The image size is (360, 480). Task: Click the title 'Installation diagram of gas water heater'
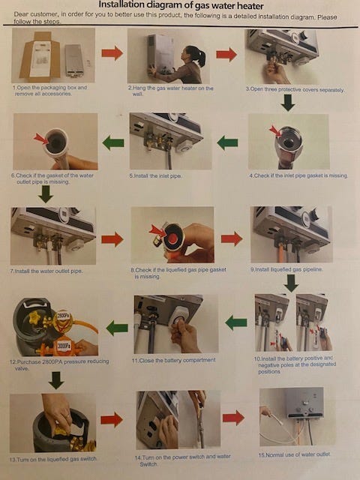(181, 5)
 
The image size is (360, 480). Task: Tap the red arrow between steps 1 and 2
(112, 53)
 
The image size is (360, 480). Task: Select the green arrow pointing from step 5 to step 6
(113, 143)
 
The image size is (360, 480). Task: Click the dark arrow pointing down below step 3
(288, 103)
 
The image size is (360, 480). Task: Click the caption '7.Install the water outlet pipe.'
(47, 271)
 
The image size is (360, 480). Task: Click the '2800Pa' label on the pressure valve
(63, 316)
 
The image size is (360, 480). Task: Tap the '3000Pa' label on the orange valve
(64, 345)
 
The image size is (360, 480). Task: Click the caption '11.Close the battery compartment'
(174, 360)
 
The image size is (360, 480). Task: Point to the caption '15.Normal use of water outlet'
(294, 455)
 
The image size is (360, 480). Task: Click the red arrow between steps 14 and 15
(233, 418)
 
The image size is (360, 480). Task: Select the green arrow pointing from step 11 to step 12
(117, 328)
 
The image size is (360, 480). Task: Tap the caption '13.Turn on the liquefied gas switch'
(53, 459)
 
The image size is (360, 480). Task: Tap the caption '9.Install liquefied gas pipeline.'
(286, 270)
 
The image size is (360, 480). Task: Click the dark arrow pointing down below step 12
(56, 380)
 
